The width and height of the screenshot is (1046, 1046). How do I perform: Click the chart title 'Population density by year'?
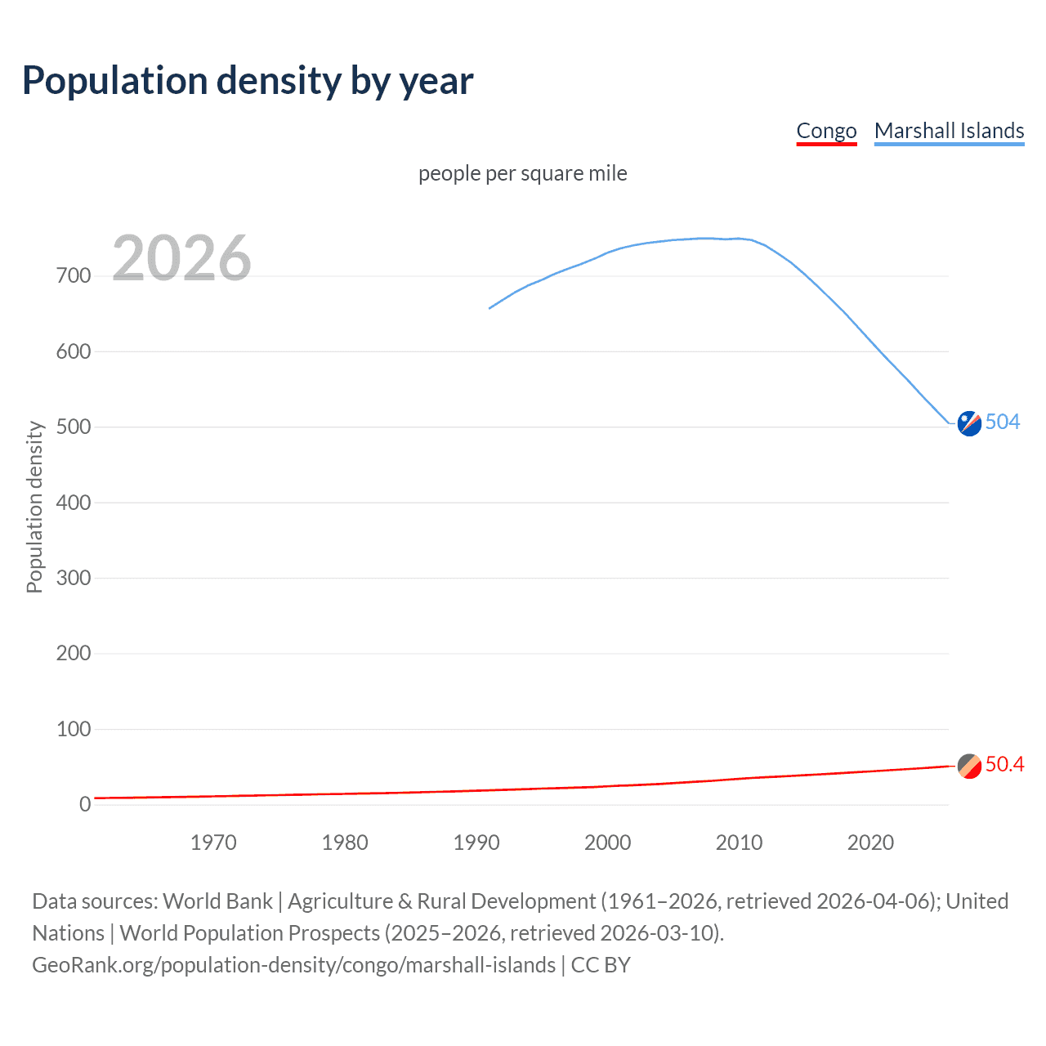(x=248, y=81)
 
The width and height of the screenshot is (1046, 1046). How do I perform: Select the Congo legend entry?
(x=826, y=131)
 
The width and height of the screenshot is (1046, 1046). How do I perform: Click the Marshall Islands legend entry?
(x=949, y=131)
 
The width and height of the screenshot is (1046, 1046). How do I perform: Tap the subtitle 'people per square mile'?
(x=522, y=174)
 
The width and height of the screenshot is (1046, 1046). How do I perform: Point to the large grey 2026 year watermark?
(x=181, y=258)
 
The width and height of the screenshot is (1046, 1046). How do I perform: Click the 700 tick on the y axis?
(x=74, y=276)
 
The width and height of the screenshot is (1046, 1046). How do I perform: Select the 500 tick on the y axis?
(x=74, y=427)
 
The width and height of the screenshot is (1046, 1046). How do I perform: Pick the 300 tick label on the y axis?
(x=74, y=579)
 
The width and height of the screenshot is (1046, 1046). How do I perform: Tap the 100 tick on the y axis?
(x=74, y=729)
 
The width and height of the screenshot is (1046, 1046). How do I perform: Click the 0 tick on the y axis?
(x=85, y=805)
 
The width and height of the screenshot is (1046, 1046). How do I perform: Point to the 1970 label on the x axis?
(x=213, y=843)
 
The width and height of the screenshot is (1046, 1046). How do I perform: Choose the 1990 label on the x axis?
(x=476, y=843)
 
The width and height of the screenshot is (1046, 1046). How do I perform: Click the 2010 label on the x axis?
(x=739, y=843)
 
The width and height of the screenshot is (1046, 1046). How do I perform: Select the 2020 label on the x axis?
(x=870, y=843)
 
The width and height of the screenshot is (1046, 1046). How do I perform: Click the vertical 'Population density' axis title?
(x=34, y=507)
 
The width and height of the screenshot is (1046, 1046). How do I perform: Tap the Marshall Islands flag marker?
(x=969, y=423)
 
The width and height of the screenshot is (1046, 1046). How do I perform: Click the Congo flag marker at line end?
(x=969, y=767)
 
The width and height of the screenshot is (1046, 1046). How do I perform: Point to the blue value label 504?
(x=1003, y=422)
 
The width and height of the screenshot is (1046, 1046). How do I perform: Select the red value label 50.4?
(x=1004, y=764)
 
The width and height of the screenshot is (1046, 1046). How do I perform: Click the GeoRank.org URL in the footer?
(x=293, y=965)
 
